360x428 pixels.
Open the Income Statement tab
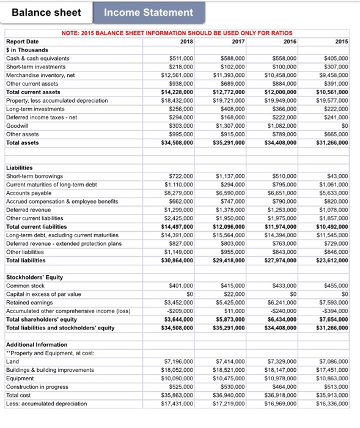point(149,12)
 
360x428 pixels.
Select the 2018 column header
point(186,41)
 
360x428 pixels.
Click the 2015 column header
point(342,41)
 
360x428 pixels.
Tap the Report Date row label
point(22,42)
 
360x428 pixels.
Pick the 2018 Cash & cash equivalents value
point(180,58)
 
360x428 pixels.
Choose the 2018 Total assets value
point(178,142)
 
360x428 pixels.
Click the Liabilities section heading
point(20,167)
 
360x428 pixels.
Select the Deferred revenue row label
point(28,209)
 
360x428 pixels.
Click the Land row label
point(12,361)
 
